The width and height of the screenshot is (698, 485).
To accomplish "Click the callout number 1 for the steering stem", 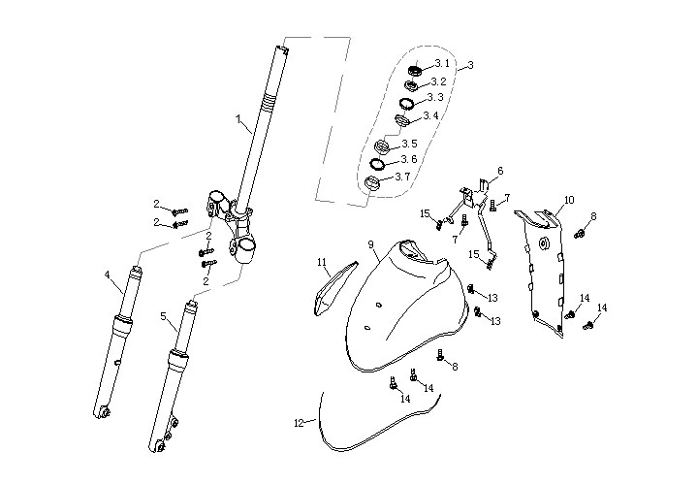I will (x=238, y=118).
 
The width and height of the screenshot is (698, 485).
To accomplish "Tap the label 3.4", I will (x=431, y=115).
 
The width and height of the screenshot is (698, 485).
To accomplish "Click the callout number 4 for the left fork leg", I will (x=107, y=275).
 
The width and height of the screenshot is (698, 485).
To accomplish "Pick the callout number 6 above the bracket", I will (x=500, y=171).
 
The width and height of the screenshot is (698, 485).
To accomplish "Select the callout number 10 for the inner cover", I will (x=569, y=200).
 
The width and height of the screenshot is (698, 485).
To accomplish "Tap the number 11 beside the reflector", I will (x=322, y=262).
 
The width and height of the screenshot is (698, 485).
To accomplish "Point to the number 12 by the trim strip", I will (x=299, y=423).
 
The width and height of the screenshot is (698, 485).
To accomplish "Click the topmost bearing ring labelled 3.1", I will (x=415, y=70).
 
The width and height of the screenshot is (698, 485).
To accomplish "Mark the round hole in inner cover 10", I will (x=544, y=242).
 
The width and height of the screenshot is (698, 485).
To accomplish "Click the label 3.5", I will (x=410, y=144).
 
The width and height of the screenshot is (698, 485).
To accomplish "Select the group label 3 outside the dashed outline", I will (x=469, y=65).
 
